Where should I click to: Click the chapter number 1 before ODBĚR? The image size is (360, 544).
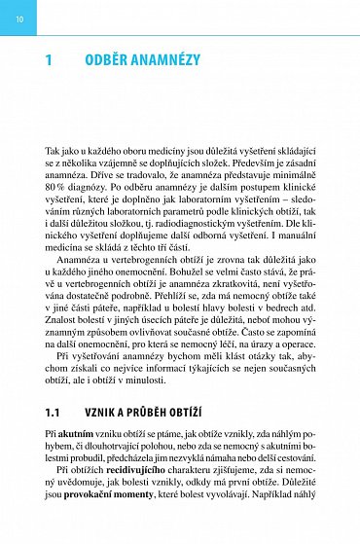[x=49, y=60]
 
